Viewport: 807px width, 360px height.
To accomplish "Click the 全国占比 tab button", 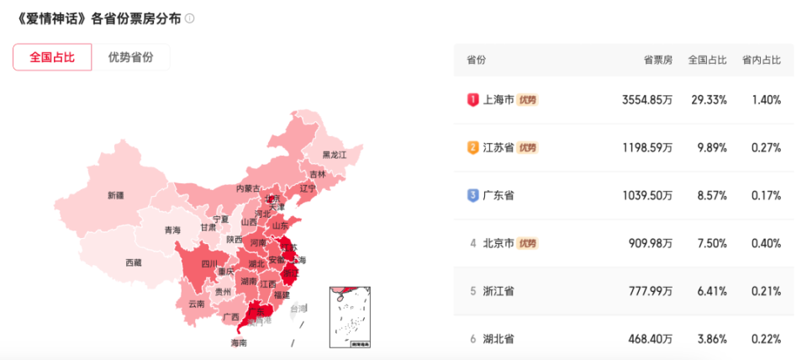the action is (x=52, y=57).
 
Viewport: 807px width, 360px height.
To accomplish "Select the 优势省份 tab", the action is (x=130, y=57).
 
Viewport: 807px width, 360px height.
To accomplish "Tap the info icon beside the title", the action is (x=190, y=19).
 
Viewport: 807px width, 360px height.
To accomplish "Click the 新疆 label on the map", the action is (x=115, y=195).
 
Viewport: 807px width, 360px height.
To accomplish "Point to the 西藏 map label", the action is (x=134, y=262).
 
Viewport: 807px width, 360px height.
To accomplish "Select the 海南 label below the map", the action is (x=239, y=343).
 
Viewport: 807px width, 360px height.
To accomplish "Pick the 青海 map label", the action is (x=172, y=230).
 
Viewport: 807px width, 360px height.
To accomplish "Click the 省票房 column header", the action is (x=658, y=60).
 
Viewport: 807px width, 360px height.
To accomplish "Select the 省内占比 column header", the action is (x=761, y=60).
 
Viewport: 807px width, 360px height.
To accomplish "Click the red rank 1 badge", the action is (x=472, y=99).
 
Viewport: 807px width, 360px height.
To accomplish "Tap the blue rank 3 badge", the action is (x=472, y=195).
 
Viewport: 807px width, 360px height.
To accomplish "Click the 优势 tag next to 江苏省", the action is (x=527, y=148).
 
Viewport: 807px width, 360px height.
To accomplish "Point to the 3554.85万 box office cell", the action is (x=647, y=99).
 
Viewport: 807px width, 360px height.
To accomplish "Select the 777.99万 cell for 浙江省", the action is (x=650, y=291).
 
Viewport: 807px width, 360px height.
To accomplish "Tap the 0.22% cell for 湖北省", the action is (x=767, y=339).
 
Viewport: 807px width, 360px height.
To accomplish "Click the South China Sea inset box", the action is (x=351, y=317).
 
